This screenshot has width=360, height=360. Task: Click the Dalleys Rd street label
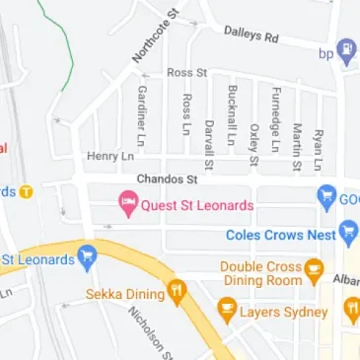[252, 36]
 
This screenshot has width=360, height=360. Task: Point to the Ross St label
[186, 73]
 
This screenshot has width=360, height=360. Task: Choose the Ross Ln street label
[186, 116]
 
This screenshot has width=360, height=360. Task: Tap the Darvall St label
[209, 144]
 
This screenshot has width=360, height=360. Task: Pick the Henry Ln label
[109, 156]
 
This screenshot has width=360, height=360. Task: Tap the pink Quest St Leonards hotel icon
[127, 205]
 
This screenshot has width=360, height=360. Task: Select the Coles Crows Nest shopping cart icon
[347, 235]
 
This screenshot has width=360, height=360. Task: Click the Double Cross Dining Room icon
[315, 267]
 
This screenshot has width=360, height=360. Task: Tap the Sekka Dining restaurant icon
[178, 290]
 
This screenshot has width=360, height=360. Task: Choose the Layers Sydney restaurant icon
[227, 312]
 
